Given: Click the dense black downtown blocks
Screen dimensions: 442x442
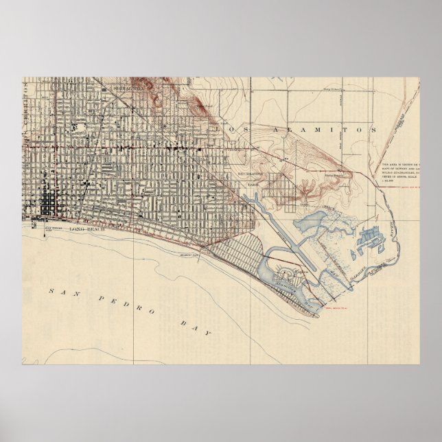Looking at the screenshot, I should click(x=49, y=202).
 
